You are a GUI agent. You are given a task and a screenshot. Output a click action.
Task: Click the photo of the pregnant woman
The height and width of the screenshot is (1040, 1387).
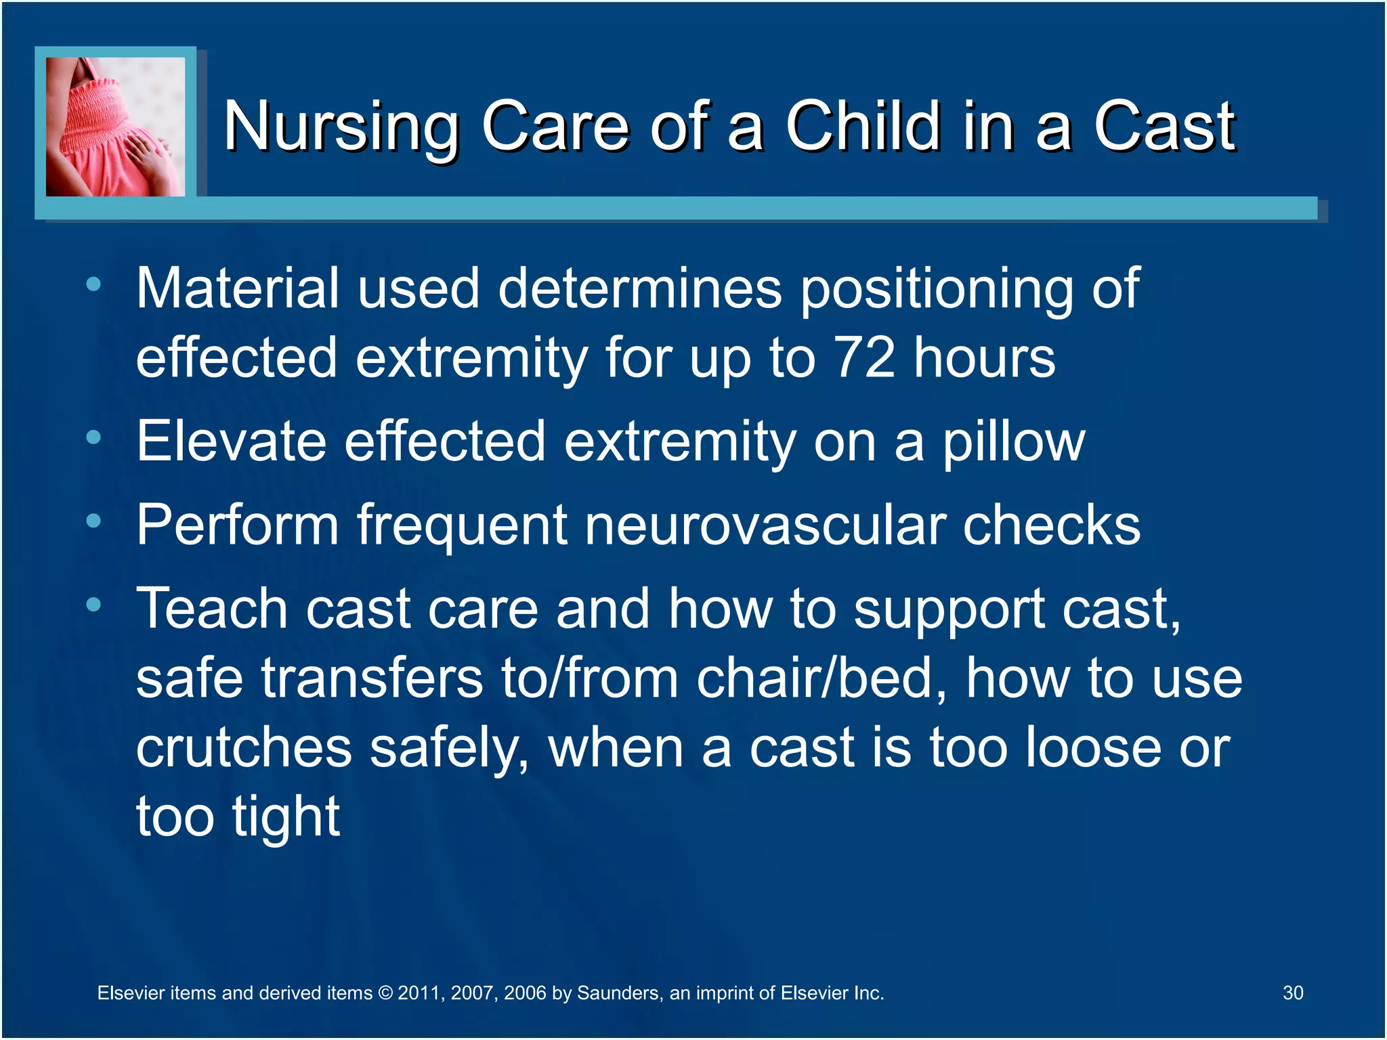coord(115,127)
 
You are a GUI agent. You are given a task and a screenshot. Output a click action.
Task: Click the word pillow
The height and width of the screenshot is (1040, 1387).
coord(1013,442)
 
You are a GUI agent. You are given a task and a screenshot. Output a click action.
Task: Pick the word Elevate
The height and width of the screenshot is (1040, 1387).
coord(231,441)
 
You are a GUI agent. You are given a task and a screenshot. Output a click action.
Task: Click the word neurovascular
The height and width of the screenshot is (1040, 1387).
coord(765,525)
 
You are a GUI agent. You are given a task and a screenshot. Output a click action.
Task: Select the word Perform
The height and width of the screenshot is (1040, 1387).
coord(237,525)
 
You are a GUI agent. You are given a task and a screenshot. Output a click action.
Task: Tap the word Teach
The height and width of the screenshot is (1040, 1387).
coord(212,609)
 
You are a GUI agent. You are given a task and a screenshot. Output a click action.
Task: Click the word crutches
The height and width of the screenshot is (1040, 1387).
coord(244,747)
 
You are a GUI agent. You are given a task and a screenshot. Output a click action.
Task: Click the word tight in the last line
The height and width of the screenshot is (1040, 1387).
coord(285,817)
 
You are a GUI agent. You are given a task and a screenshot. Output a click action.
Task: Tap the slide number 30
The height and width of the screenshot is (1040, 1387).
coord(1292,993)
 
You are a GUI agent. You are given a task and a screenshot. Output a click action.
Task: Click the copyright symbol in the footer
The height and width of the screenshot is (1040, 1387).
coord(385,993)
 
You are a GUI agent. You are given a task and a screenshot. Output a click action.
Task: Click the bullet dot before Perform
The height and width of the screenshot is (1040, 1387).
coord(93,521)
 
